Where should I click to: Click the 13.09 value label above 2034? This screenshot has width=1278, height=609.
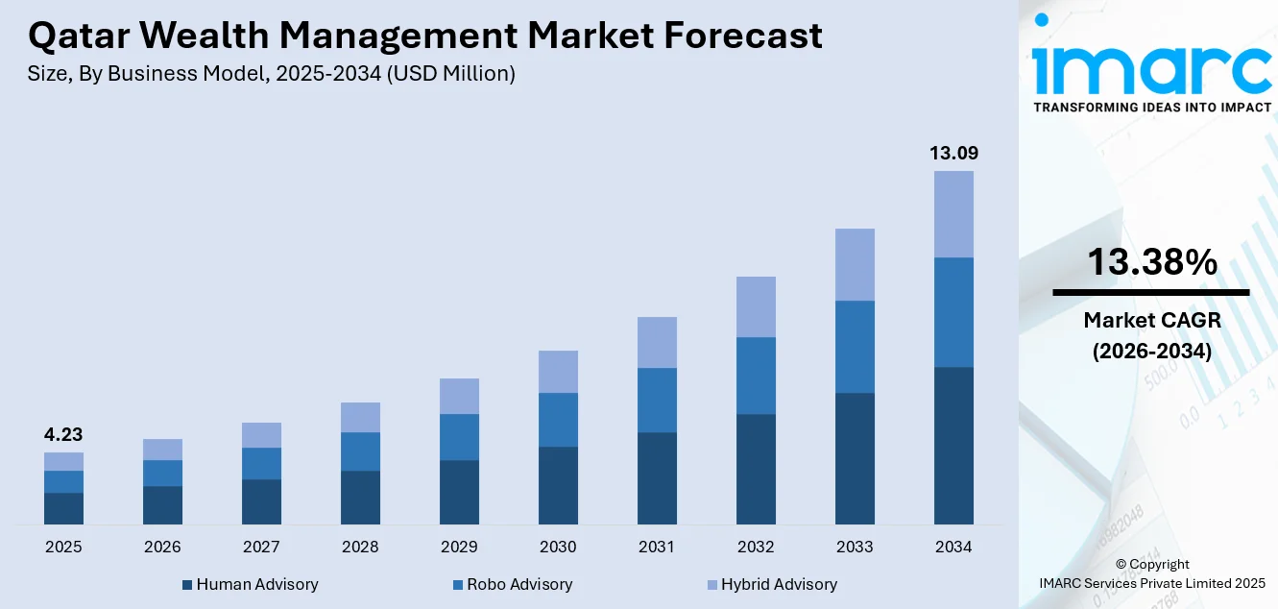[x=953, y=153]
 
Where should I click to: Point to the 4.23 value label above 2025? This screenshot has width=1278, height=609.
[x=63, y=435]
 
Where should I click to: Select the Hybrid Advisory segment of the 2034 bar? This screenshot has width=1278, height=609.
[x=953, y=214]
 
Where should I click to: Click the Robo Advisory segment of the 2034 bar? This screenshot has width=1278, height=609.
[x=953, y=312]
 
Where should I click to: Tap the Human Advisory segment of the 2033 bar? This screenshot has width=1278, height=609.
[x=855, y=458]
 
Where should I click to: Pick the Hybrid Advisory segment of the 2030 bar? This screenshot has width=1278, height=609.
[x=558, y=372]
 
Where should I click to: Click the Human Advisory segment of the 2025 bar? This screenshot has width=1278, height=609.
[x=63, y=508]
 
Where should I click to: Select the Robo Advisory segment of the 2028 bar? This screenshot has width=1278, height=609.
[x=360, y=451]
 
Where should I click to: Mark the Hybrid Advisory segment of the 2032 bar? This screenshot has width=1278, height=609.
[x=756, y=307]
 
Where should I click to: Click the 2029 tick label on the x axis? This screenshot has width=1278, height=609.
[x=459, y=548]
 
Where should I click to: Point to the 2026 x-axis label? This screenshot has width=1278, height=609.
[x=162, y=548]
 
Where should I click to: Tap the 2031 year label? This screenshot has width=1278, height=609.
[x=657, y=548]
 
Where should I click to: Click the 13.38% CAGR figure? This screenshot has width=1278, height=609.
[x=1151, y=261]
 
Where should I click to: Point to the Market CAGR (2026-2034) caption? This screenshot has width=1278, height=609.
[x=1151, y=335]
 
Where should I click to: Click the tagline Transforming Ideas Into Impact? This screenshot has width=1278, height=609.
[x=1151, y=107]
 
